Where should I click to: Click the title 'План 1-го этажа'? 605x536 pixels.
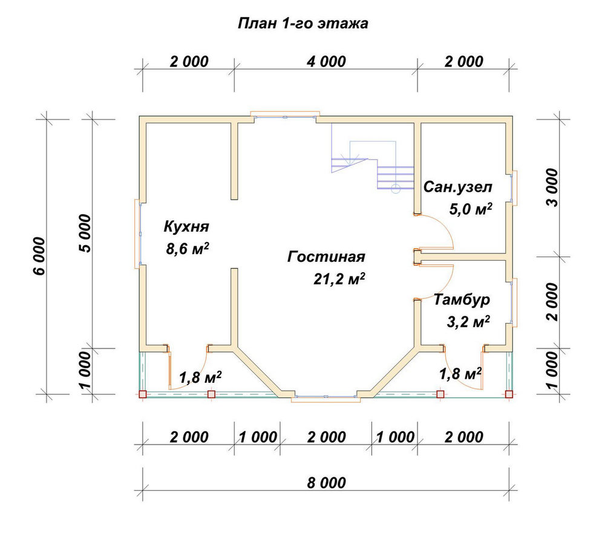pyautogui.click(x=303, y=24)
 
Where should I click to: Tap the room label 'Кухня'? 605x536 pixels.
pyautogui.click(x=186, y=226)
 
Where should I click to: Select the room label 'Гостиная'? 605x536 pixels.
pyautogui.click(x=327, y=257)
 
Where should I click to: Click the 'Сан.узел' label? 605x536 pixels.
pyautogui.click(x=458, y=187)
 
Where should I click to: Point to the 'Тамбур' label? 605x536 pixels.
pyautogui.click(x=462, y=299)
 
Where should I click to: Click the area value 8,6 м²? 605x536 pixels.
pyautogui.click(x=188, y=249)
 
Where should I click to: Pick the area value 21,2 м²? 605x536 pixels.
pyautogui.click(x=339, y=279)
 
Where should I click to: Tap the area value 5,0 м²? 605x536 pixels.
pyautogui.click(x=471, y=209)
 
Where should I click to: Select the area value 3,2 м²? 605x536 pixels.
pyautogui.click(x=468, y=321)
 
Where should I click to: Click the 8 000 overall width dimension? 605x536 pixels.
pyautogui.click(x=327, y=483)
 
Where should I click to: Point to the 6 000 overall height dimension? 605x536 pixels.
pyautogui.click(x=40, y=256)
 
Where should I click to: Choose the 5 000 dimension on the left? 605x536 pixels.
pyautogui.click(x=85, y=234)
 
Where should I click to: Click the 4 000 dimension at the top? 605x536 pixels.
pyautogui.click(x=327, y=62)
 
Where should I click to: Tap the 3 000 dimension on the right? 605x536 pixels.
pyautogui.click(x=552, y=188)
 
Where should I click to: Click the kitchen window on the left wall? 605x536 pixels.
pyautogui.click(x=138, y=234)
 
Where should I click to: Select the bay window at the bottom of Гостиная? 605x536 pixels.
pyautogui.click(x=326, y=397)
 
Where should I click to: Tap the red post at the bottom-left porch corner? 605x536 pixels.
pyautogui.click(x=143, y=394)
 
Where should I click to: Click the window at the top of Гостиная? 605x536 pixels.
pyautogui.click(x=285, y=115)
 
